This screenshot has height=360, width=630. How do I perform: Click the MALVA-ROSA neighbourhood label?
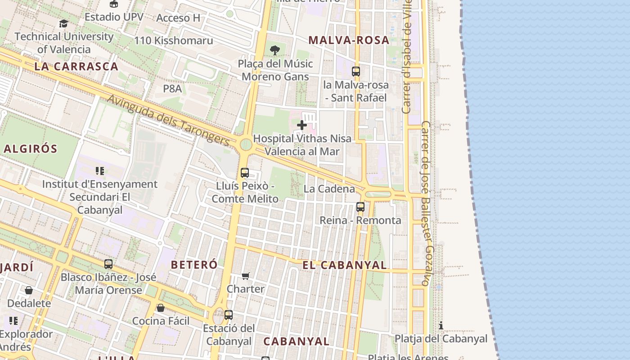[349, 40]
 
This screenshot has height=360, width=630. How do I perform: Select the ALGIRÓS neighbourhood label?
[31, 149]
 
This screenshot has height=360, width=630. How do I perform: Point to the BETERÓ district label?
[194, 265]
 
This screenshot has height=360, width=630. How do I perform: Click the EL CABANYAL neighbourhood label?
[345, 265]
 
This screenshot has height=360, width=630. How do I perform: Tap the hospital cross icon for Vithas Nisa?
[302, 125]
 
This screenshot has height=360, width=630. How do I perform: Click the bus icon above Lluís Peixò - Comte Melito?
[245, 173]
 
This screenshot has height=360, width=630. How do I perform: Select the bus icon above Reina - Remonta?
[360, 207]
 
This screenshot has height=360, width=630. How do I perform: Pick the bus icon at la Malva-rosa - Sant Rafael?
[355, 71]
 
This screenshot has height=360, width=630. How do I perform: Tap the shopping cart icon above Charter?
[245, 276]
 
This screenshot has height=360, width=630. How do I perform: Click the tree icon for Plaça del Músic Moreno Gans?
[275, 50]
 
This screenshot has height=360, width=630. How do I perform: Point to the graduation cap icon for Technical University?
[63, 23]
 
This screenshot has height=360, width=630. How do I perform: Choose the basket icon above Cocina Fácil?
[161, 308]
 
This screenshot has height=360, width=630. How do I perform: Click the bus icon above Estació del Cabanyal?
[229, 315]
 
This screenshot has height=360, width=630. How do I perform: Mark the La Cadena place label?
[329, 189]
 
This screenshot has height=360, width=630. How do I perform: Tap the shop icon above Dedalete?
[29, 291]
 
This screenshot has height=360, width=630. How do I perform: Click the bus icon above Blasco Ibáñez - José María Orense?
[108, 264]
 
